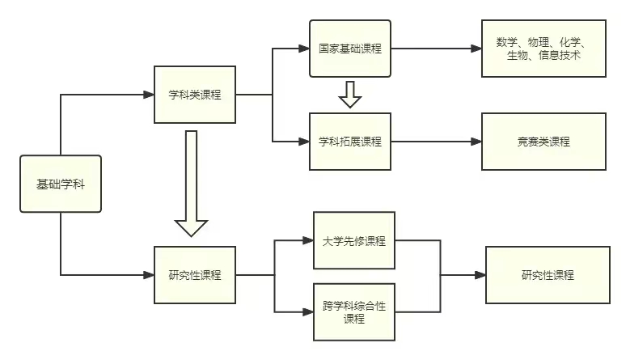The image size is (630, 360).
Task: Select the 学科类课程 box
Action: [195, 95]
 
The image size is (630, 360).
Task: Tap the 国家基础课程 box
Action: [349, 49]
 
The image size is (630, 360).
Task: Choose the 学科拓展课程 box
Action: [349, 142]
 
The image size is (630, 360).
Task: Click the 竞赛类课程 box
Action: [543, 142]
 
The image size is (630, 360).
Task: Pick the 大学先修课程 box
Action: [353, 241]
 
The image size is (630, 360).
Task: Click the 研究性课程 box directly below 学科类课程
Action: [195, 275]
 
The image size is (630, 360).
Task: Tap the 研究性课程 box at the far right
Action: [548, 275]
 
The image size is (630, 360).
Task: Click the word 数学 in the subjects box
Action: [509, 42]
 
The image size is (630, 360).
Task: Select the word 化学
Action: [577, 42]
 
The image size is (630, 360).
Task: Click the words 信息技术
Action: [560, 55]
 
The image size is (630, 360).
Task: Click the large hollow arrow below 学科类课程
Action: [192, 186]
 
